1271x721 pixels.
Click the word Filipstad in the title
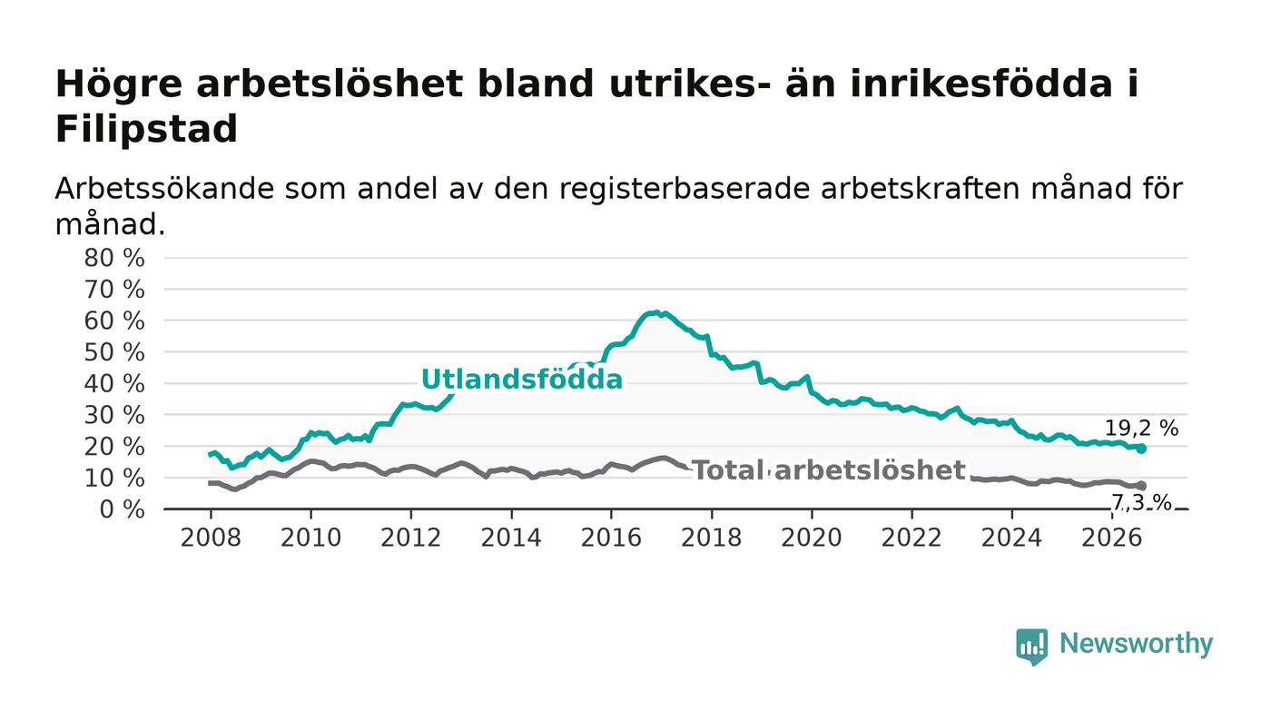[x=146, y=129]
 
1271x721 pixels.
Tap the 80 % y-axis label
[x=114, y=258]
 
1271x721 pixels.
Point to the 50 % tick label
[x=114, y=352]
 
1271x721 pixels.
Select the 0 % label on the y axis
[x=122, y=509]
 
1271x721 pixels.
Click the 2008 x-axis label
[x=211, y=538]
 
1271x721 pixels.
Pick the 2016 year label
[x=611, y=538]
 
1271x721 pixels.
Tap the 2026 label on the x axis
[x=1111, y=538]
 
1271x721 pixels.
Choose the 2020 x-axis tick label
[x=812, y=538]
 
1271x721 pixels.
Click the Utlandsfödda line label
[x=522, y=380]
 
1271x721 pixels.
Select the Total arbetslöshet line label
[x=829, y=470]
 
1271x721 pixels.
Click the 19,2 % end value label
[x=1142, y=429]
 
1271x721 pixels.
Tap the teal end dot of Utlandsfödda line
[x=1142, y=449]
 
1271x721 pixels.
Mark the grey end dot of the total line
[x=1142, y=486]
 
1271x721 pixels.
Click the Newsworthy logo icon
[x=1031, y=646]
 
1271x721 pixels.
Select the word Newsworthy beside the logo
[x=1136, y=644]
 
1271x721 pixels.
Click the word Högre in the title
[x=119, y=85]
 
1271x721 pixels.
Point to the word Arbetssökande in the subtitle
[x=164, y=189]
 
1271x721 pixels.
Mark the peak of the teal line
[x=657, y=312]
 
